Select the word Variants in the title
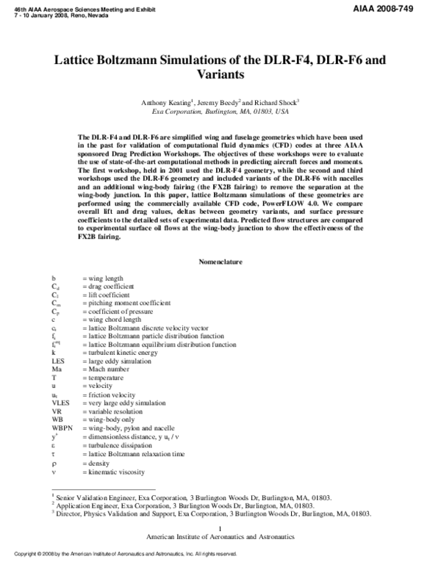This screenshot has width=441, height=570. click(x=220, y=75)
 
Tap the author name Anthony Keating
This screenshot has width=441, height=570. click(x=166, y=104)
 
